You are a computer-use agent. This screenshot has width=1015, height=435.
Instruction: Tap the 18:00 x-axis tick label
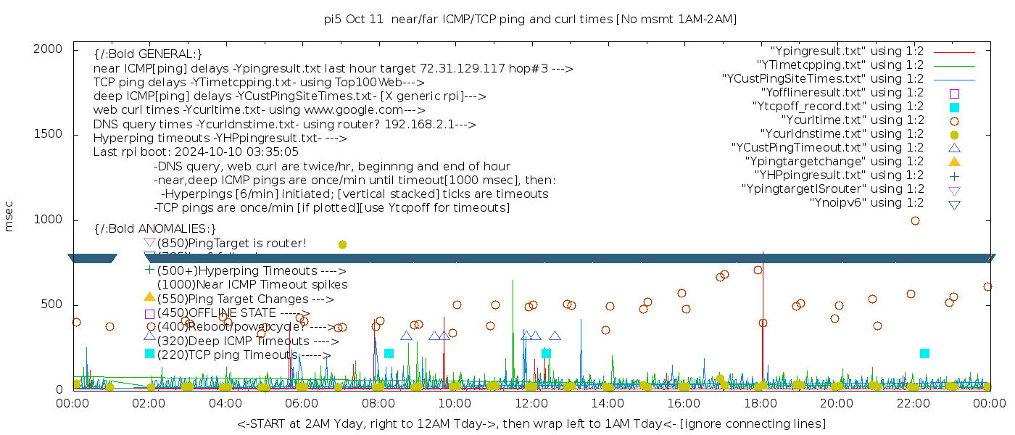760,403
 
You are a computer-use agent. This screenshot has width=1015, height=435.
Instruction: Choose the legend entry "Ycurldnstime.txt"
842,134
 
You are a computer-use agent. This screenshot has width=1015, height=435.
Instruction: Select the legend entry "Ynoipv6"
866,203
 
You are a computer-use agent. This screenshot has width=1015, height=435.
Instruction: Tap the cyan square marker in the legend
954,107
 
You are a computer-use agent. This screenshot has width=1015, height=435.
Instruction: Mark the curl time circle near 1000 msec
915,220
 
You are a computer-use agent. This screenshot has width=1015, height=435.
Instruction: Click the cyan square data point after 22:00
924,354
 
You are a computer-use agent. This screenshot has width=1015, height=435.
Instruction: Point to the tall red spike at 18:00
763,290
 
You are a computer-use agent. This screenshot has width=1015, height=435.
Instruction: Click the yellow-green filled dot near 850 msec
342,245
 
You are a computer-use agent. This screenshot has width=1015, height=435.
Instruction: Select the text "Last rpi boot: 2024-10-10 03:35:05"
196,152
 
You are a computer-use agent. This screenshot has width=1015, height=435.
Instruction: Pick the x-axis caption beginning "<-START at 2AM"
531,423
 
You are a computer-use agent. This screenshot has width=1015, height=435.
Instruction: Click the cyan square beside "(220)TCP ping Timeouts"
149,354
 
